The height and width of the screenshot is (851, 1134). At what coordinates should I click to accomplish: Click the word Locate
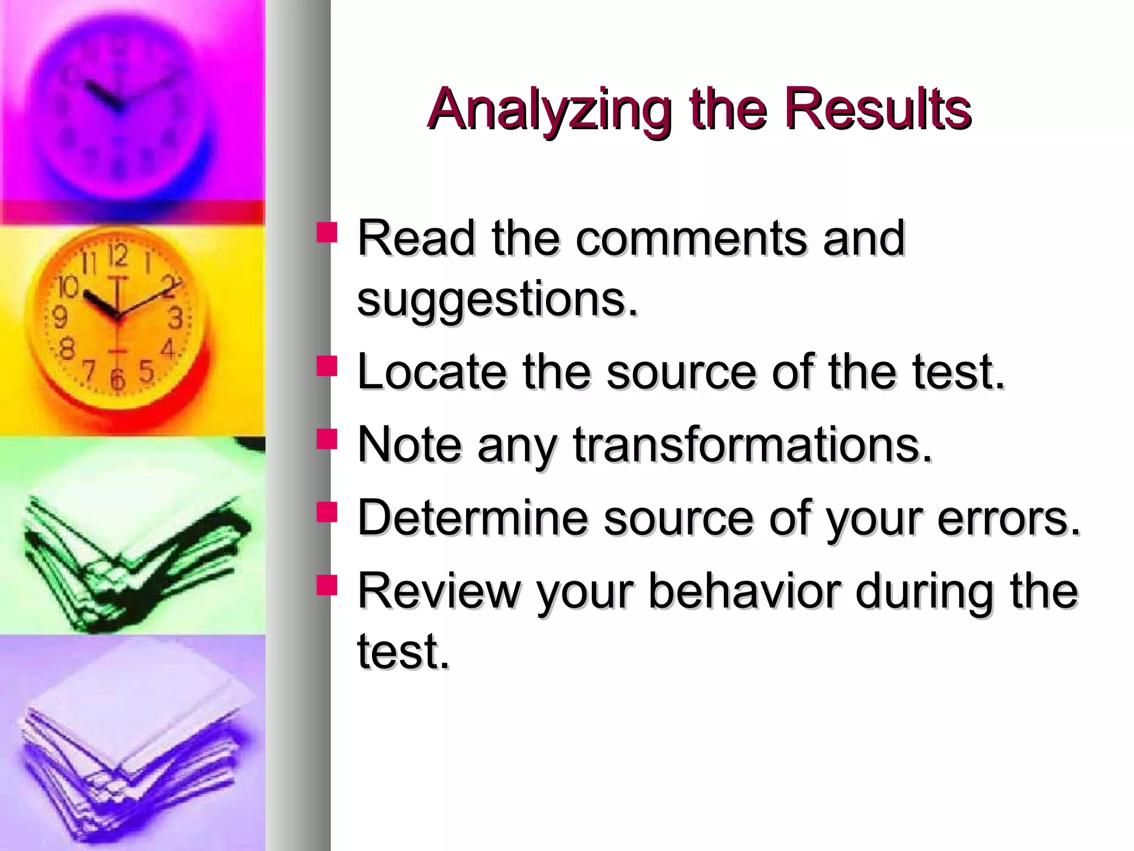pos(431,372)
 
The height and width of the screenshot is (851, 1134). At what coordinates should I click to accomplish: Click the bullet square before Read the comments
pos(327,232)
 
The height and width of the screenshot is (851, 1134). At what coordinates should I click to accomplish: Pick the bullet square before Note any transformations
pos(327,439)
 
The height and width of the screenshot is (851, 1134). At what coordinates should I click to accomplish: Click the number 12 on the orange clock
pos(118,255)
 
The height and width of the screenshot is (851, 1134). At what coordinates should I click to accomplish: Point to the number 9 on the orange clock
pos(59,317)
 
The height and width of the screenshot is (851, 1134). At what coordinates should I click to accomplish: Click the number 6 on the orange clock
pos(117,380)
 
